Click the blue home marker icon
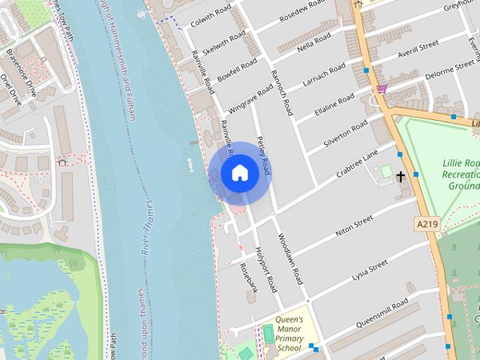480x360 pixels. click(239, 173)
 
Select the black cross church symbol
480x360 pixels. click(400, 178)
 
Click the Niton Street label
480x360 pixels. click(353, 225)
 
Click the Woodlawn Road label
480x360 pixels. click(289, 259)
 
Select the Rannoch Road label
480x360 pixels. click(281, 91)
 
